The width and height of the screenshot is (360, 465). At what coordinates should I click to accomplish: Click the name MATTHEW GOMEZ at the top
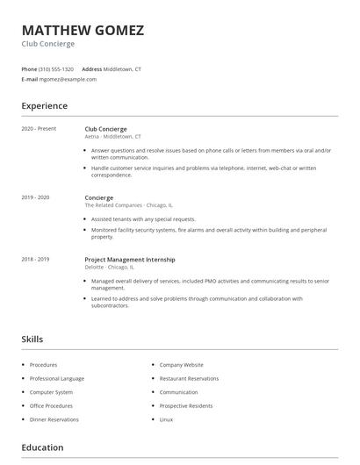83,30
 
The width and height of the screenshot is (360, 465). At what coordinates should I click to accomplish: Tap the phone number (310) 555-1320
57,68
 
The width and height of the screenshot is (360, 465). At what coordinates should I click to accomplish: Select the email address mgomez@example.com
68,79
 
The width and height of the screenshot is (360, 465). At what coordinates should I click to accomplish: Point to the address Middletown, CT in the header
122,68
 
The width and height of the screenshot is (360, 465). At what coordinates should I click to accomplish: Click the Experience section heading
44,106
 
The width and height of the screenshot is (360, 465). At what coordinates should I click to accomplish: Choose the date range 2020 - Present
39,129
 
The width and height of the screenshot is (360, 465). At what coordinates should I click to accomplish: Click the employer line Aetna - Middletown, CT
112,137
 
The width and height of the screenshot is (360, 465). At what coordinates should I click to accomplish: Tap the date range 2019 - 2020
35,198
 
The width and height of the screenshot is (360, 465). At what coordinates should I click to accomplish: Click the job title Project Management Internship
129,260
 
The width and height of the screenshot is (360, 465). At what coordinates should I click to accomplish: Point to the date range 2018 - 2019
35,260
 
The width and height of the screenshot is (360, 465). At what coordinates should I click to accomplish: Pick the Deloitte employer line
110,267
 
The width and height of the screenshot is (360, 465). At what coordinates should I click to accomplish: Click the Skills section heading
32,339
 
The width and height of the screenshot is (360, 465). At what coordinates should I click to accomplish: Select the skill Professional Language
57,378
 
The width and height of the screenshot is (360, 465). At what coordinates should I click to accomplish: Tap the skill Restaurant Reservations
189,378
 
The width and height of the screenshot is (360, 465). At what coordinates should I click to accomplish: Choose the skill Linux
166,420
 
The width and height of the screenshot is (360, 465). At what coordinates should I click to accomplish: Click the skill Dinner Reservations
54,420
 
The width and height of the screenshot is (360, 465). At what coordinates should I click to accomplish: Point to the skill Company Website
181,364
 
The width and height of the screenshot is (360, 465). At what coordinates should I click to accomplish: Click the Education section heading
42,447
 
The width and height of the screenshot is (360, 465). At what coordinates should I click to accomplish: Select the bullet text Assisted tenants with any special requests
143,219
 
